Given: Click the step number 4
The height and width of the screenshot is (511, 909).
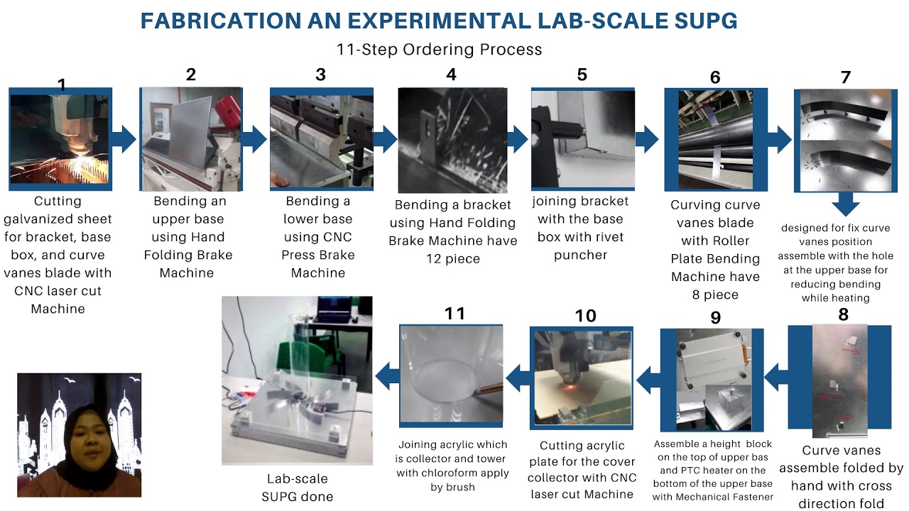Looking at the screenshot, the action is [451, 75].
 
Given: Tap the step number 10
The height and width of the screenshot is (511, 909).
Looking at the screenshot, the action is [585, 316].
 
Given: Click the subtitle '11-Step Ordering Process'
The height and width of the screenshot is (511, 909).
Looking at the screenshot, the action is [439, 50].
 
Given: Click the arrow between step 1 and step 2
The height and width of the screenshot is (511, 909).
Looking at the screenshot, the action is [124, 139].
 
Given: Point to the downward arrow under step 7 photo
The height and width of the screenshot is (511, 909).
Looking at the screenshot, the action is [845, 203].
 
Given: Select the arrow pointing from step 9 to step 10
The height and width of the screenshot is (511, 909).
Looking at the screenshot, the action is [648, 380].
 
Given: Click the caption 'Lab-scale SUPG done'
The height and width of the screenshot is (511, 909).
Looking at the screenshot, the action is [297, 488].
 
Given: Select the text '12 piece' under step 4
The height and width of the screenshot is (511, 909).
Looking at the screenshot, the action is [453, 258].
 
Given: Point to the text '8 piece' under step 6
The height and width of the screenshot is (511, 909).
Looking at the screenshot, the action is [715, 295].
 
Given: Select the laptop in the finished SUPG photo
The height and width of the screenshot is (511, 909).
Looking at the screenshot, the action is [334, 310].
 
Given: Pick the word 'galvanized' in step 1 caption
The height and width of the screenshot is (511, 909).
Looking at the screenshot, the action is [58, 219].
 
